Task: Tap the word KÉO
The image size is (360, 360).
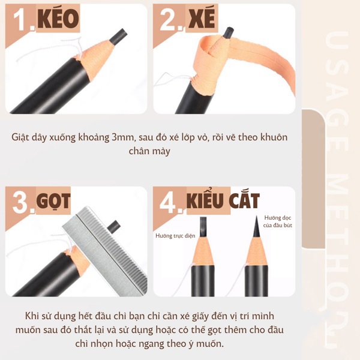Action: (x=58, y=20)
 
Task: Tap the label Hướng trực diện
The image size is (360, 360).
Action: (x=174, y=236)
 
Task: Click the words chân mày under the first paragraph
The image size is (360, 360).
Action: (x=149, y=151)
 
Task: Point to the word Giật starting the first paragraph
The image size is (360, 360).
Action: (x=23, y=137)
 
